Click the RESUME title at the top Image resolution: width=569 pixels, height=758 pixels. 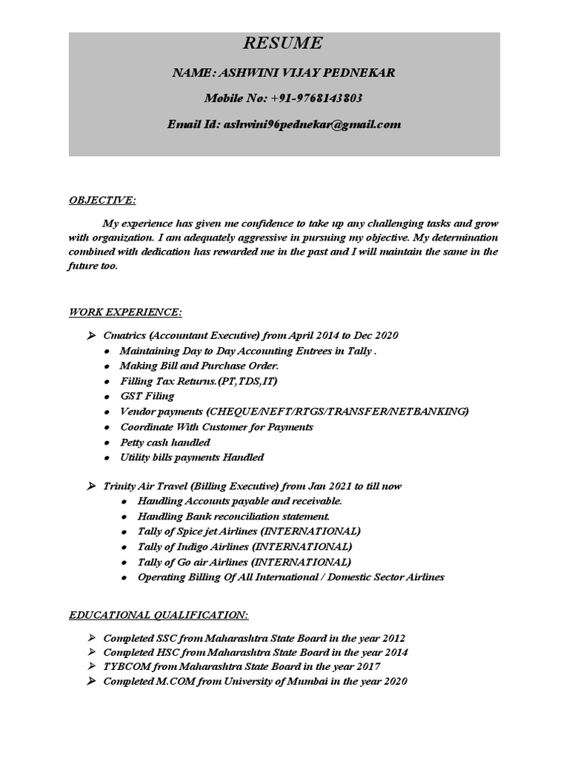click(x=284, y=44)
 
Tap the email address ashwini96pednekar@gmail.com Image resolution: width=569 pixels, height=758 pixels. click(x=310, y=124)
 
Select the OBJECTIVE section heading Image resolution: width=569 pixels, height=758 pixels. click(x=102, y=201)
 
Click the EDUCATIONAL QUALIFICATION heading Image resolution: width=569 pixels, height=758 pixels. click(x=159, y=615)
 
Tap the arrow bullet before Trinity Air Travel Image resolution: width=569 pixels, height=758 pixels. click(x=90, y=486)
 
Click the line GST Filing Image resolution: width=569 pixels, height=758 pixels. click(x=147, y=396)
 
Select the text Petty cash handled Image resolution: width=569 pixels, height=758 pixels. click(x=165, y=442)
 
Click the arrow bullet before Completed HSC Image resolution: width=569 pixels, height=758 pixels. click(x=90, y=652)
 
